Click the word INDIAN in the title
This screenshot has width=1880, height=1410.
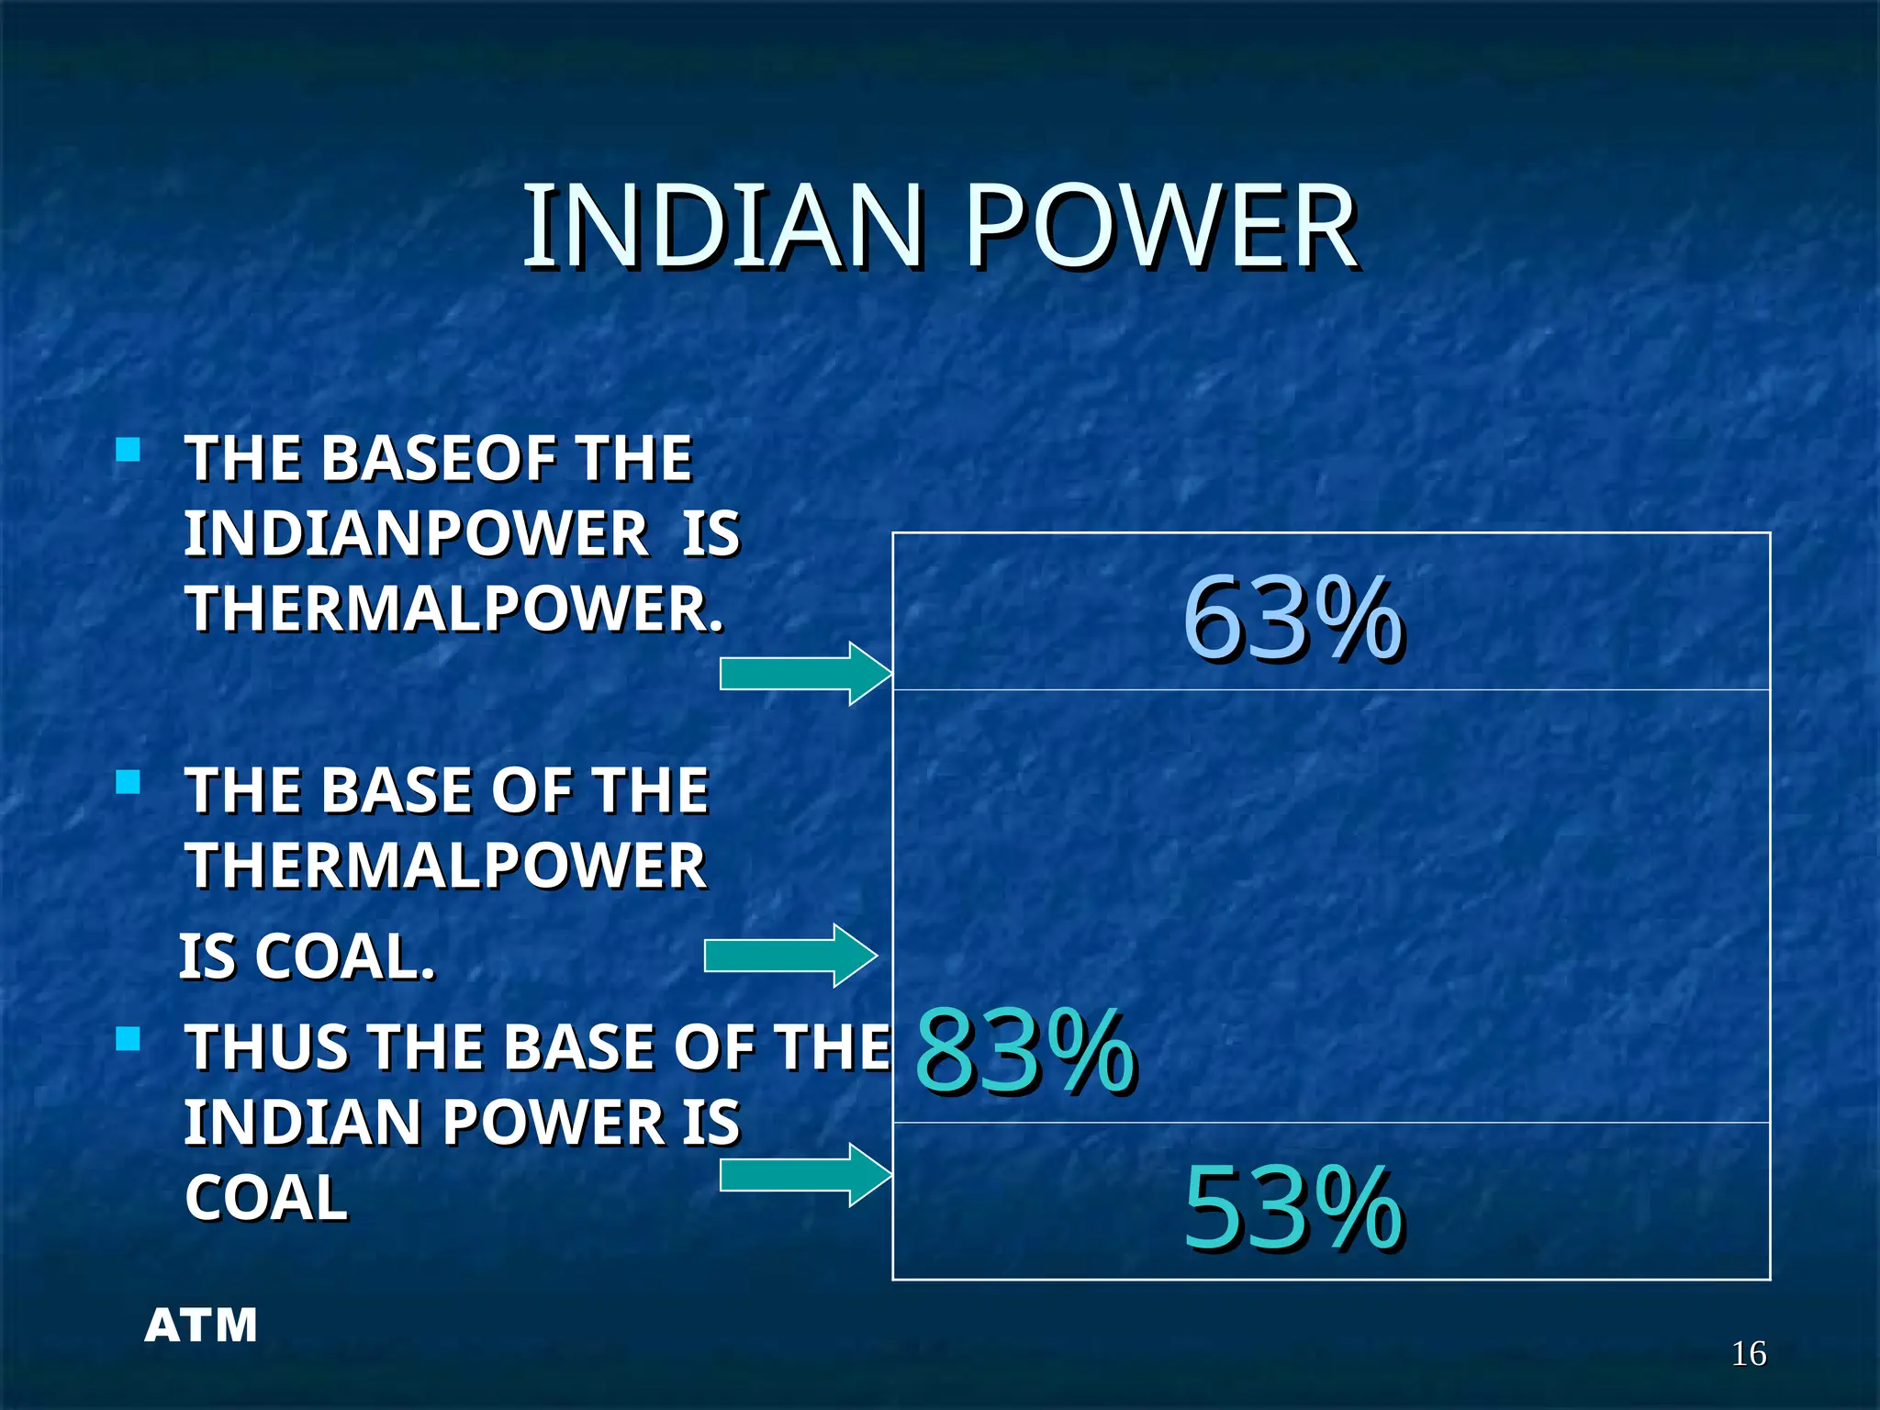coord(722,227)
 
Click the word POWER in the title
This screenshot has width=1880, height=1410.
coord(1161,227)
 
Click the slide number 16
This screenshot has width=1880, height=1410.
coord(1748,1354)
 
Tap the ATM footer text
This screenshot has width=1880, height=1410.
coord(201,1326)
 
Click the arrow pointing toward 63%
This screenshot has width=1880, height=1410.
coord(803,674)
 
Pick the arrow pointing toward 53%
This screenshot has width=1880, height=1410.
coord(803,1175)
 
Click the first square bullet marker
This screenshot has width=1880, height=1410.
coord(129,450)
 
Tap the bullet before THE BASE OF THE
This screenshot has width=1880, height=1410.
coord(129,783)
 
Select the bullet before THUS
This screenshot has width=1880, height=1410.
coord(129,1040)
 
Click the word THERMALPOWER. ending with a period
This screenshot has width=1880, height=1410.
coord(454,609)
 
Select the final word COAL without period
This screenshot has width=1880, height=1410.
coord(266,1198)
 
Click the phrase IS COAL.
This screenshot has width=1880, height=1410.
coord(307,957)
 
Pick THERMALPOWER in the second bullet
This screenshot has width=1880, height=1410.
coord(446,866)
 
